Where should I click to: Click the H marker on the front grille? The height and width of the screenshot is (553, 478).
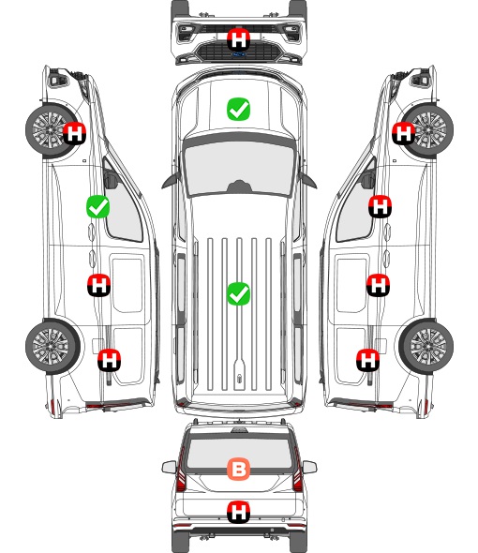[x=238, y=39]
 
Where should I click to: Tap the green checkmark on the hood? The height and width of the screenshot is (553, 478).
[x=238, y=109]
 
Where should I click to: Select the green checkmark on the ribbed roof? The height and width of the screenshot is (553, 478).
[x=238, y=293]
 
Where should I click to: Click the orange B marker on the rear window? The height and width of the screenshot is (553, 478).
[x=238, y=469]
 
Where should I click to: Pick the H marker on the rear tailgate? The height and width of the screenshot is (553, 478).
[x=238, y=512]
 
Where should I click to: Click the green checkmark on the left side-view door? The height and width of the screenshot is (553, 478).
[x=98, y=206]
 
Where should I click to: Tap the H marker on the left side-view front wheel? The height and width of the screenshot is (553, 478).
[x=74, y=133]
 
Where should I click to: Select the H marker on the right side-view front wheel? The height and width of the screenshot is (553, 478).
[x=404, y=133]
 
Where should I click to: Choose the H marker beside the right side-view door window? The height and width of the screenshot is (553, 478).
[x=380, y=206]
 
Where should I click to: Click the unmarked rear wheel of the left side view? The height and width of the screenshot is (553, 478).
[x=52, y=346]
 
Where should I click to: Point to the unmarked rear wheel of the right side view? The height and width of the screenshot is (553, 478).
[x=426, y=346]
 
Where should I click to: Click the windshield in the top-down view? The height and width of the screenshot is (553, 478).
[x=239, y=167]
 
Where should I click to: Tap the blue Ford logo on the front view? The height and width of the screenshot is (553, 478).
[x=238, y=54]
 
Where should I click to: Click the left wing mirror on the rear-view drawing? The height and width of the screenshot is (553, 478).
[x=169, y=467]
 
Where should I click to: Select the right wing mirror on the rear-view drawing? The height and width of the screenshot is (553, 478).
[x=309, y=467]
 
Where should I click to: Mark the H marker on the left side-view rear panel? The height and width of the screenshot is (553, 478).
[x=110, y=360]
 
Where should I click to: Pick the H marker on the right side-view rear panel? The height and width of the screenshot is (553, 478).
[x=368, y=360]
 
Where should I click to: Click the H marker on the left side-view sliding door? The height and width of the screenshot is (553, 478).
[x=99, y=285]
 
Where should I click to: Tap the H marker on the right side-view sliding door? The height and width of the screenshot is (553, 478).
[x=378, y=285]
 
